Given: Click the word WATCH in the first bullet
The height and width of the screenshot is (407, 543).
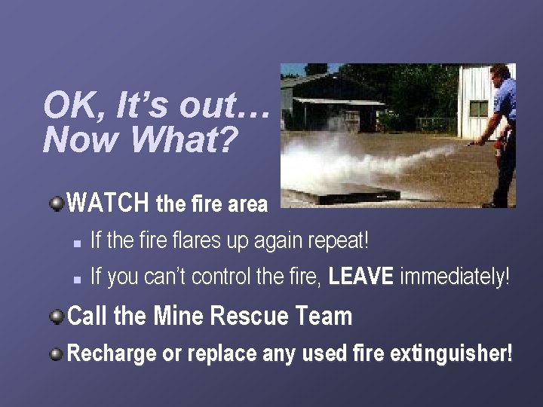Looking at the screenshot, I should [x=107, y=203].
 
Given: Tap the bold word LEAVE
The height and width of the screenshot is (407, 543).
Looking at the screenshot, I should [x=361, y=277].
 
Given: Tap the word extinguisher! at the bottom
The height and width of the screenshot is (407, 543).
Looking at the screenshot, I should [x=451, y=353].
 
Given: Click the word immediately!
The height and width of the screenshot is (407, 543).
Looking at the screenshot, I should [x=455, y=277].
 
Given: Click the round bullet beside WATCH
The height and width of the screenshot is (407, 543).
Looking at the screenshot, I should [x=57, y=203].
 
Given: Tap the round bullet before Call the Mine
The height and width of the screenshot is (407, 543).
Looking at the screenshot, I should [x=57, y=317].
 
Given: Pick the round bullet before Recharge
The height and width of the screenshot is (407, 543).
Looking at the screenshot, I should [x=57, y=353].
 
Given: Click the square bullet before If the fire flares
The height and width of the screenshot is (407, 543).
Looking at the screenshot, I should [x=78, y=243].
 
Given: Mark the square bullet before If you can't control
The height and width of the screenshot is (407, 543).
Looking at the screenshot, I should [x=78, y=279].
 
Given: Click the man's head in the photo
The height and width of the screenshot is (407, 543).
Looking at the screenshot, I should [x=500, y=75].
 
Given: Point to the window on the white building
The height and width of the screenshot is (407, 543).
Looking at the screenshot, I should [x=479, y=108].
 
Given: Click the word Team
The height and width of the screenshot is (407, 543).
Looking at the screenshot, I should [x=327, y=317].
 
